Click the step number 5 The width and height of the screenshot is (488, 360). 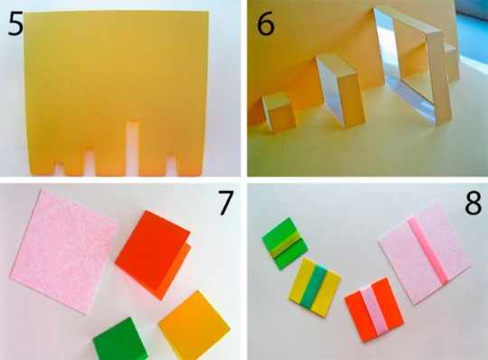15,24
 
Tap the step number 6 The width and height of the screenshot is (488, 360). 265,24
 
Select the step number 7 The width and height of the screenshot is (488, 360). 225,203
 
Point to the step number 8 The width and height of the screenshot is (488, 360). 473,203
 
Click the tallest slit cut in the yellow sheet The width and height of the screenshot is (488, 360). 132,147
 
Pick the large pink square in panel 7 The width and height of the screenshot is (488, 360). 63,251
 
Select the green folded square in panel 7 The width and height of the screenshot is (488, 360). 120,339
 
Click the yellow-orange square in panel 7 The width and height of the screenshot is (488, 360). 194,326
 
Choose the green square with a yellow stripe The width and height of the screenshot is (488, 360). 285,243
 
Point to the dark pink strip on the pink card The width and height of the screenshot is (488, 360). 428,251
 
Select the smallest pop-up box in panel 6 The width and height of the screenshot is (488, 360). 277,112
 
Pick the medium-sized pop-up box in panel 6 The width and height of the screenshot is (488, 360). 341,91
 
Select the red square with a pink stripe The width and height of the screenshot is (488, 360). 374,310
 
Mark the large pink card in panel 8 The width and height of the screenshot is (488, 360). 425,253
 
